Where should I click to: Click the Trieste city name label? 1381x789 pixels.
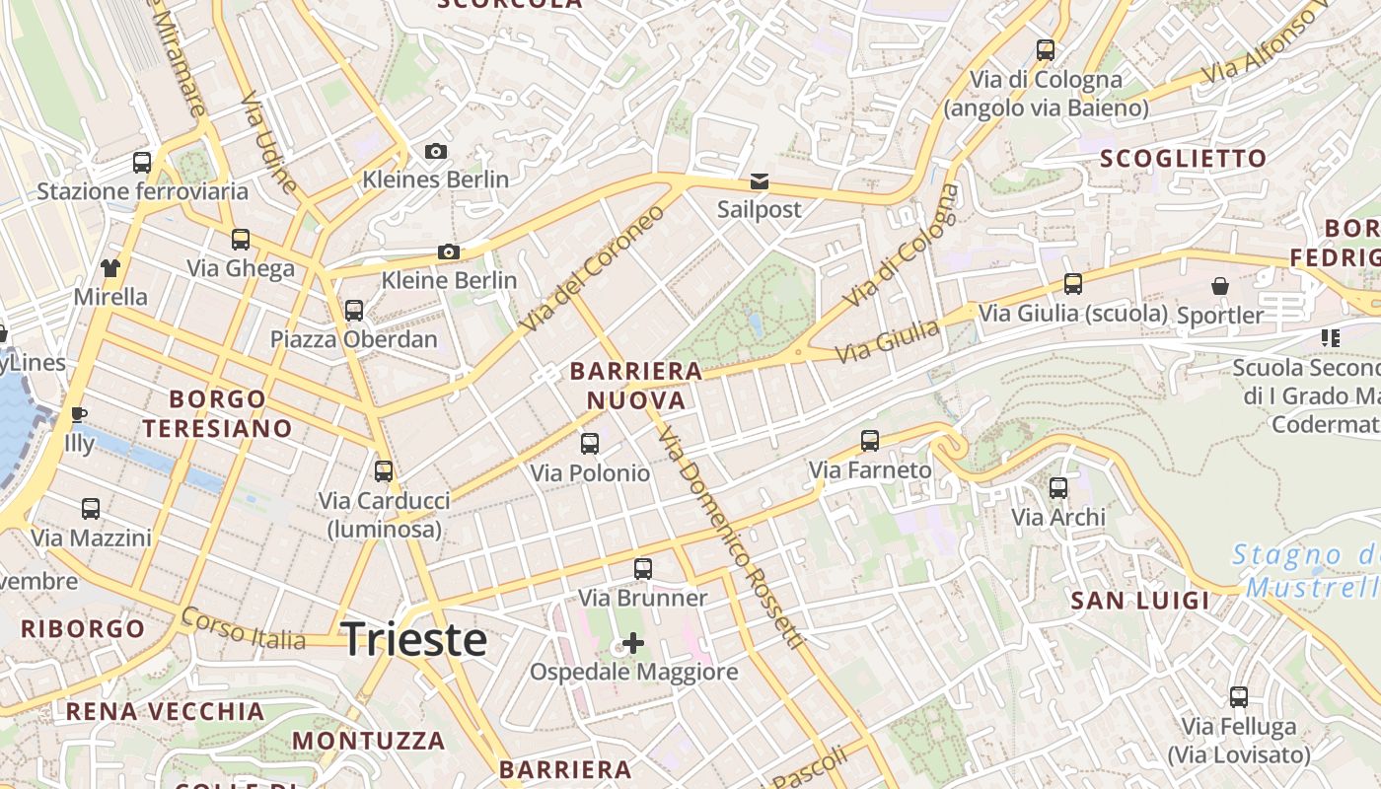[x=413, y=640]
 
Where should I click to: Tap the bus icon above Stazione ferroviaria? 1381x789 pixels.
[x=142, y=163]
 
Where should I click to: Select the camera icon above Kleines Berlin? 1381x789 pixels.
[x=435, y=152]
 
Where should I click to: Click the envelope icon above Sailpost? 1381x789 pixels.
[x=759, y=181]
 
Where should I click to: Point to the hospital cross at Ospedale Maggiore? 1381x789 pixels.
[x=633, y=644]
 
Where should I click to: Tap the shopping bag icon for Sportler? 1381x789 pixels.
[x=1220, y=287]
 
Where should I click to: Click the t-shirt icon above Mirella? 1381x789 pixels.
[x=110, y=268]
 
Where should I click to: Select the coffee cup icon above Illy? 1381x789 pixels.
[x=79, y=414]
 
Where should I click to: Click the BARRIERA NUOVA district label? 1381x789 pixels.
[x=636, y=386]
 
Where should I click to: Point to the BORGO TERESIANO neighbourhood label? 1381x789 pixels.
[x=217, y=413]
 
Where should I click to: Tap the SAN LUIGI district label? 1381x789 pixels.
[x=1139, y=601]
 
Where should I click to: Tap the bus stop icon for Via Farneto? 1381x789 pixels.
[x=869, y=441]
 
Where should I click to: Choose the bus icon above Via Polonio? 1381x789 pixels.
[x=590, y=444]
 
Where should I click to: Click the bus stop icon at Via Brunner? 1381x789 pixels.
[x=643, y=569]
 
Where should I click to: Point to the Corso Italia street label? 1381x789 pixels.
[x=244, y=628]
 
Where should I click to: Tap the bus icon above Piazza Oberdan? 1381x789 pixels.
[x=354, y=311]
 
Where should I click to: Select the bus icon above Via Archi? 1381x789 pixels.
[x=1058, y=488]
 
